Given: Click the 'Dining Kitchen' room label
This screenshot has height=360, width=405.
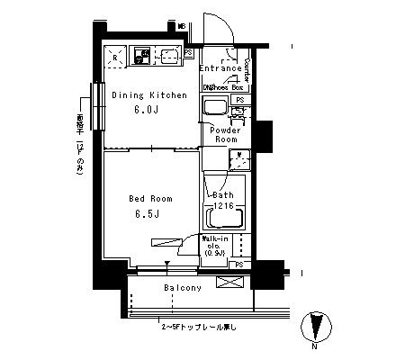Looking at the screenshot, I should point(149,94).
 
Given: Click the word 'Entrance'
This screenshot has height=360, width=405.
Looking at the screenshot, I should point(220,67).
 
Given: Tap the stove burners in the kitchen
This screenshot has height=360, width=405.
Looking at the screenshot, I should point(142,57).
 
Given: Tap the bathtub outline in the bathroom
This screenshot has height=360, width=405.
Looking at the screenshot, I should point(223,220).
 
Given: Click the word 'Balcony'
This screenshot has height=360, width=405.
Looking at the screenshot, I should point(182,288).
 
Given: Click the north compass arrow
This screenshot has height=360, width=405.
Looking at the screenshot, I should point(314,325).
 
